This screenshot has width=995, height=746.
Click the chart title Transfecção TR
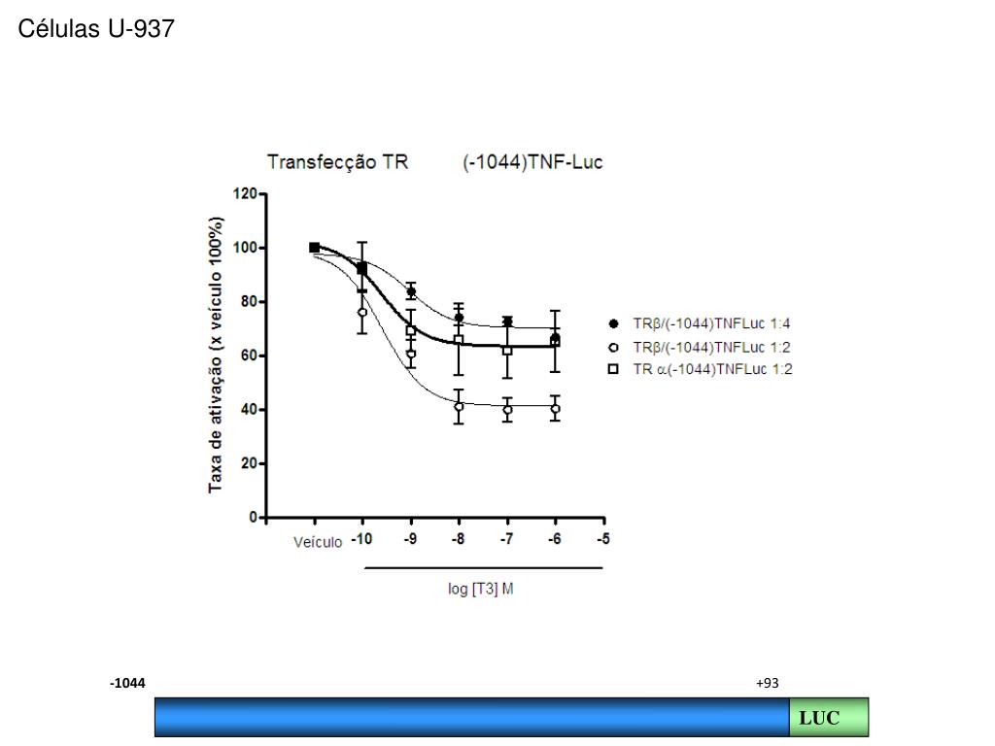pos(337,162)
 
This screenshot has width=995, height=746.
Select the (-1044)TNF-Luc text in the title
pos(532,162)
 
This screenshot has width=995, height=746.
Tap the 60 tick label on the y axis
pos(248,356)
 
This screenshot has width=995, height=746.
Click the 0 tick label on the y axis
pos(252,517)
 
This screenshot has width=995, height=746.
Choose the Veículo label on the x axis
pos(318,542)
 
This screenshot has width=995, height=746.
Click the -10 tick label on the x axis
pos(360,540)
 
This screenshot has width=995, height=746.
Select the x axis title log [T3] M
pos(481,590)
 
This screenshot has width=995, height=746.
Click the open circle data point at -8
pos(459,407)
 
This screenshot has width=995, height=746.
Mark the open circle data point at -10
pos(362,312)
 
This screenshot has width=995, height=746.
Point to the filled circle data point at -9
pos(411,291)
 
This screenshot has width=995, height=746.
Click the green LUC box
pos(828,718)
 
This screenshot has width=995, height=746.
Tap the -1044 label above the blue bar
pos(127,684)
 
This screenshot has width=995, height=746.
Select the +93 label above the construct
pos(767,684)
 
